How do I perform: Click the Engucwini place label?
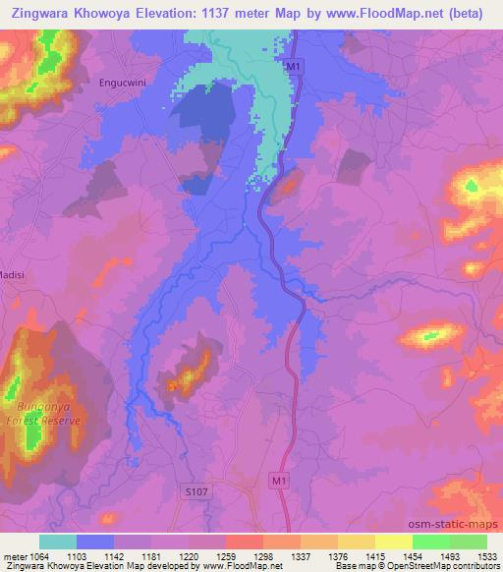click(124, 84)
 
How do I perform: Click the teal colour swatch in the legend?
click(58, 542)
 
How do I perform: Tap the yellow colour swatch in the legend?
click(394, 542)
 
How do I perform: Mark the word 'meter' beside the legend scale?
click(16, 556)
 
